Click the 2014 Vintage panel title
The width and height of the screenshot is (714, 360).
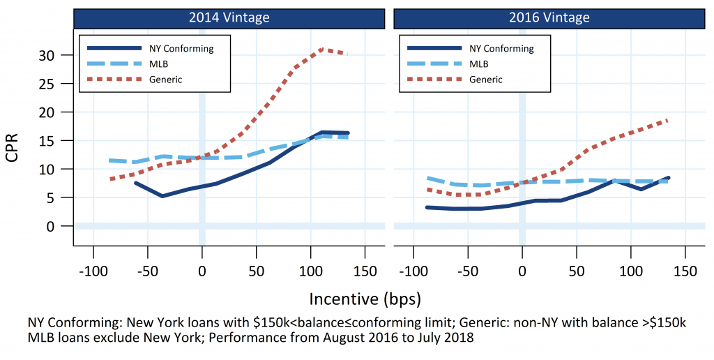[229, 17]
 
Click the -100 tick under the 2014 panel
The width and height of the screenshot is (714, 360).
[93, 271]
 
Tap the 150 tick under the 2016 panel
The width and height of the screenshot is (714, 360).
[685, 271]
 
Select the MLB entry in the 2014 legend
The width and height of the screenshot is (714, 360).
[157, 64]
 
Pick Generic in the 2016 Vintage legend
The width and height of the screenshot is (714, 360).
[486, 80]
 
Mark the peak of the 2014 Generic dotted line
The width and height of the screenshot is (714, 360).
[322, 50]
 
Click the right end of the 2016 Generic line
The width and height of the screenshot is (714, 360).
[668, 120]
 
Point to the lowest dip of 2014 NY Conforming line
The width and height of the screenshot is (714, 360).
[162, 196]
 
